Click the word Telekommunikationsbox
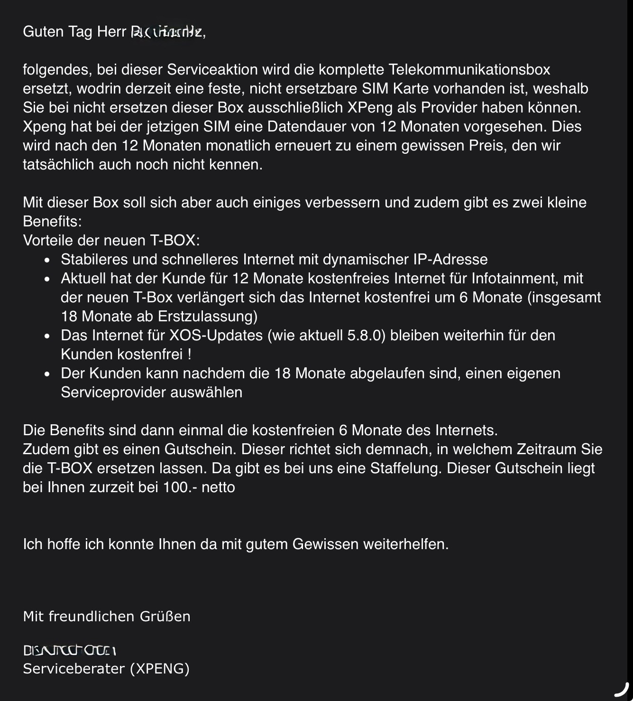(x=469, y=70)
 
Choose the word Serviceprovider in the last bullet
(x=113, y=393)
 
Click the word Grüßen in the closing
(x=165, y=617)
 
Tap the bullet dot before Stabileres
(x=46, y=261)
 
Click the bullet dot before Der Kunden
(x=46, y=374)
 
